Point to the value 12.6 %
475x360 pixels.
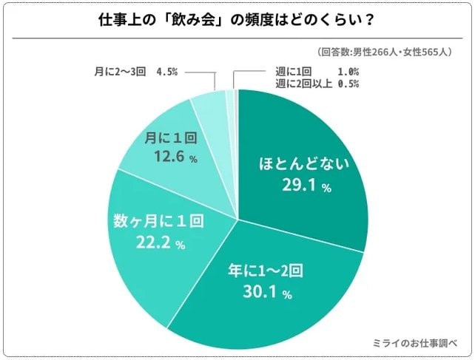[171, 157]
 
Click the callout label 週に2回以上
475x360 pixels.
[300, 84]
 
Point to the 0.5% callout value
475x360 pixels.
[348, 84]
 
